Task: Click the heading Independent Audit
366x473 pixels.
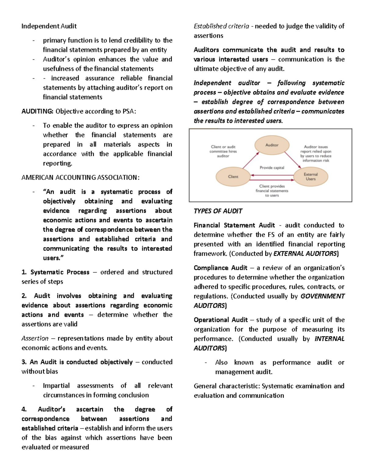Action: click(x=49, y=26)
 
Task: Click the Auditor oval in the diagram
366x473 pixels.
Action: click(x=272, y=145)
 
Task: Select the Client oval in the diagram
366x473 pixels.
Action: click(x=233, y=177)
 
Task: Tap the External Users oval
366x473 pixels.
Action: click(x=310, y=177)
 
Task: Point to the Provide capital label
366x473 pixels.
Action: click(x=272, y=168)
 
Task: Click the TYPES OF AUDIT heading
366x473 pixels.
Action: click(x=218, y=211)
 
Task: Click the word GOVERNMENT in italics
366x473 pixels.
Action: click(x=322, y=296)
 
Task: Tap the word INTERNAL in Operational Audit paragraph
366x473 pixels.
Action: click(x=329, y=339)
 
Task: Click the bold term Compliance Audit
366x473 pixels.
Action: click(x=220, y=268)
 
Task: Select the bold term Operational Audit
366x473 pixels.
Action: click(x=221, y=320)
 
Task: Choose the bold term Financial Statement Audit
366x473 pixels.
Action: click(x=234, y=225)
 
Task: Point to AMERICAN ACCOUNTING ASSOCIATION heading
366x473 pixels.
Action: click(x=80, y=178)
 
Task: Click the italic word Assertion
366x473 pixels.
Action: click(x=35, y=338)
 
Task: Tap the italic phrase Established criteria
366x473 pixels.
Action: click(x=221, y=26)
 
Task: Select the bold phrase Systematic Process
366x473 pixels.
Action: click(x=60, y=272)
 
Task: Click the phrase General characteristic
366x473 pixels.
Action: click(x=227, y=386)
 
